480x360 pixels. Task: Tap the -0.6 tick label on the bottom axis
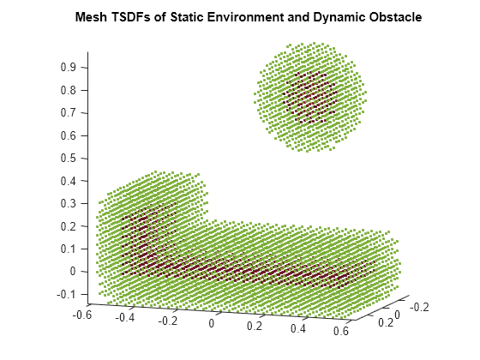[82, 314]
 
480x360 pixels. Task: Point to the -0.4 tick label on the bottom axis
[126, 317]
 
